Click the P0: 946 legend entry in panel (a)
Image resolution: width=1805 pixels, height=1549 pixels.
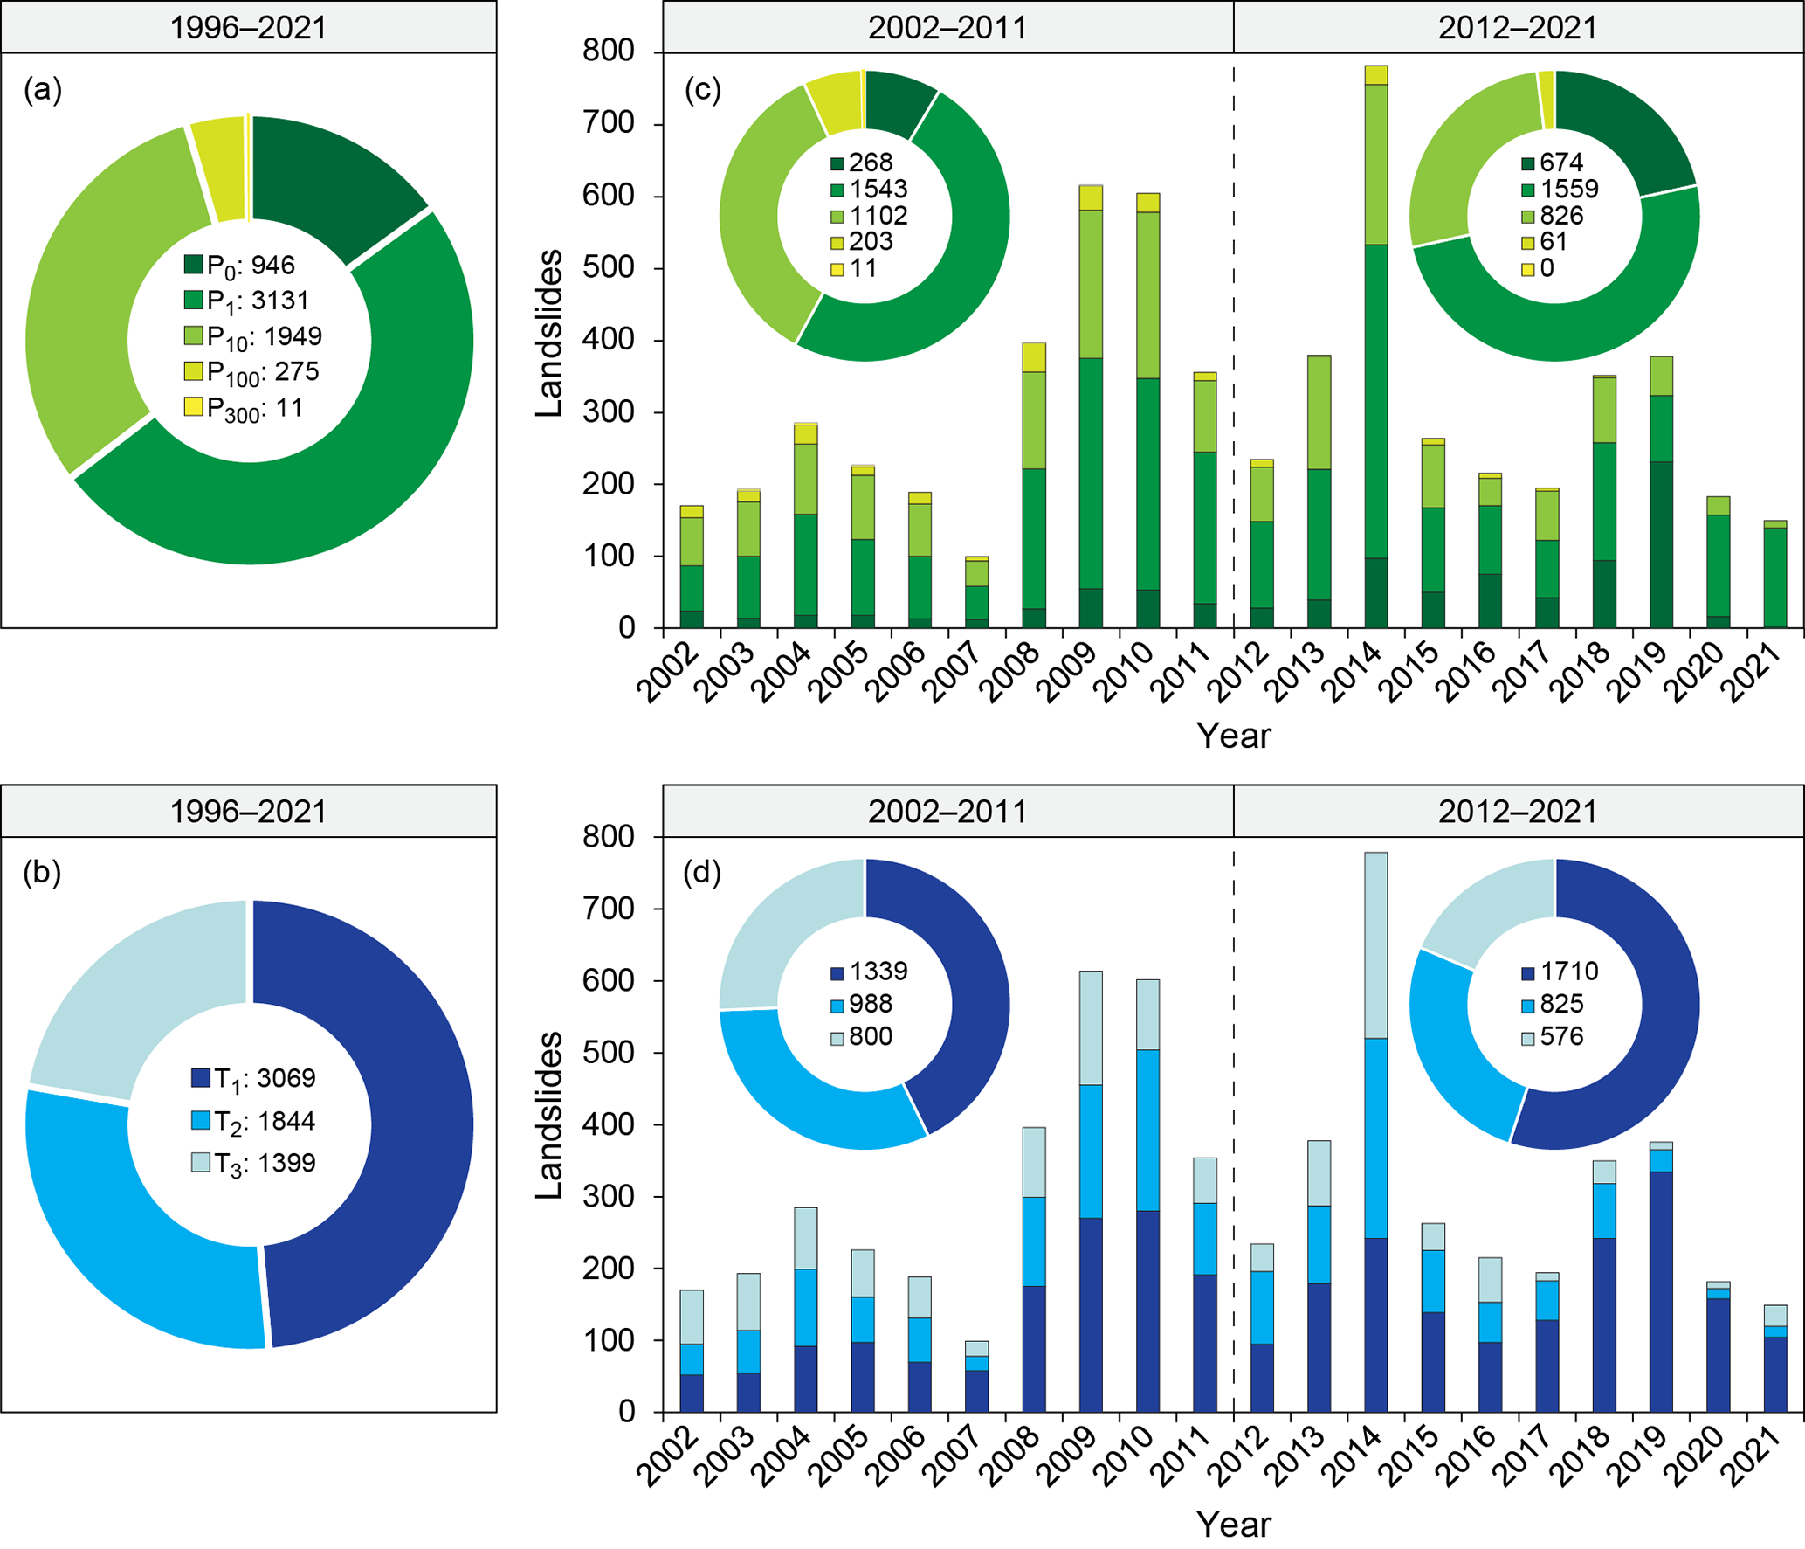pyautogui.click(x=240, y=265)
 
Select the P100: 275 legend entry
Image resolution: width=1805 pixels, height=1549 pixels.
pyautogui.click(x=251, y=372)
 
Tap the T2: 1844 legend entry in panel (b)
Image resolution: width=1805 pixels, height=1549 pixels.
pyautogui.click(x=253, y=1121)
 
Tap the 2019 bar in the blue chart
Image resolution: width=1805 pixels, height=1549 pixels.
pyautogui.click(x=1661, y=1276)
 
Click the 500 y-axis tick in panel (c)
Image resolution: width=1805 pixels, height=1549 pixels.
pyautogui.click(x=608, y=267)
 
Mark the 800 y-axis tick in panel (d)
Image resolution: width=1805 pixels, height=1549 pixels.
pyautogui.click(x=608, y=837)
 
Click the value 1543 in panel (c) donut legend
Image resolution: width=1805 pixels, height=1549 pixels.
pyautogui.click(x=878, y=189)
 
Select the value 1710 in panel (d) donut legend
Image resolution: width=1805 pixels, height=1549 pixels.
pyautogui.click(x=1569, y=972)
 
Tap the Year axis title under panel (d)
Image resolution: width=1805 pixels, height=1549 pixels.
pyautogui.click(x=1233, y=1525)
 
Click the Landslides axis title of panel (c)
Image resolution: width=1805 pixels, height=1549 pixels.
pyautogui.click(x=549, y=333)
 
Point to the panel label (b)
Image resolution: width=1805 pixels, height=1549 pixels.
pyautogui.click(x=42, y=872)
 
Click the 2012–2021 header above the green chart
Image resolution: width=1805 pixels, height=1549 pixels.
pyautogui.click(x=1518, y=27)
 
